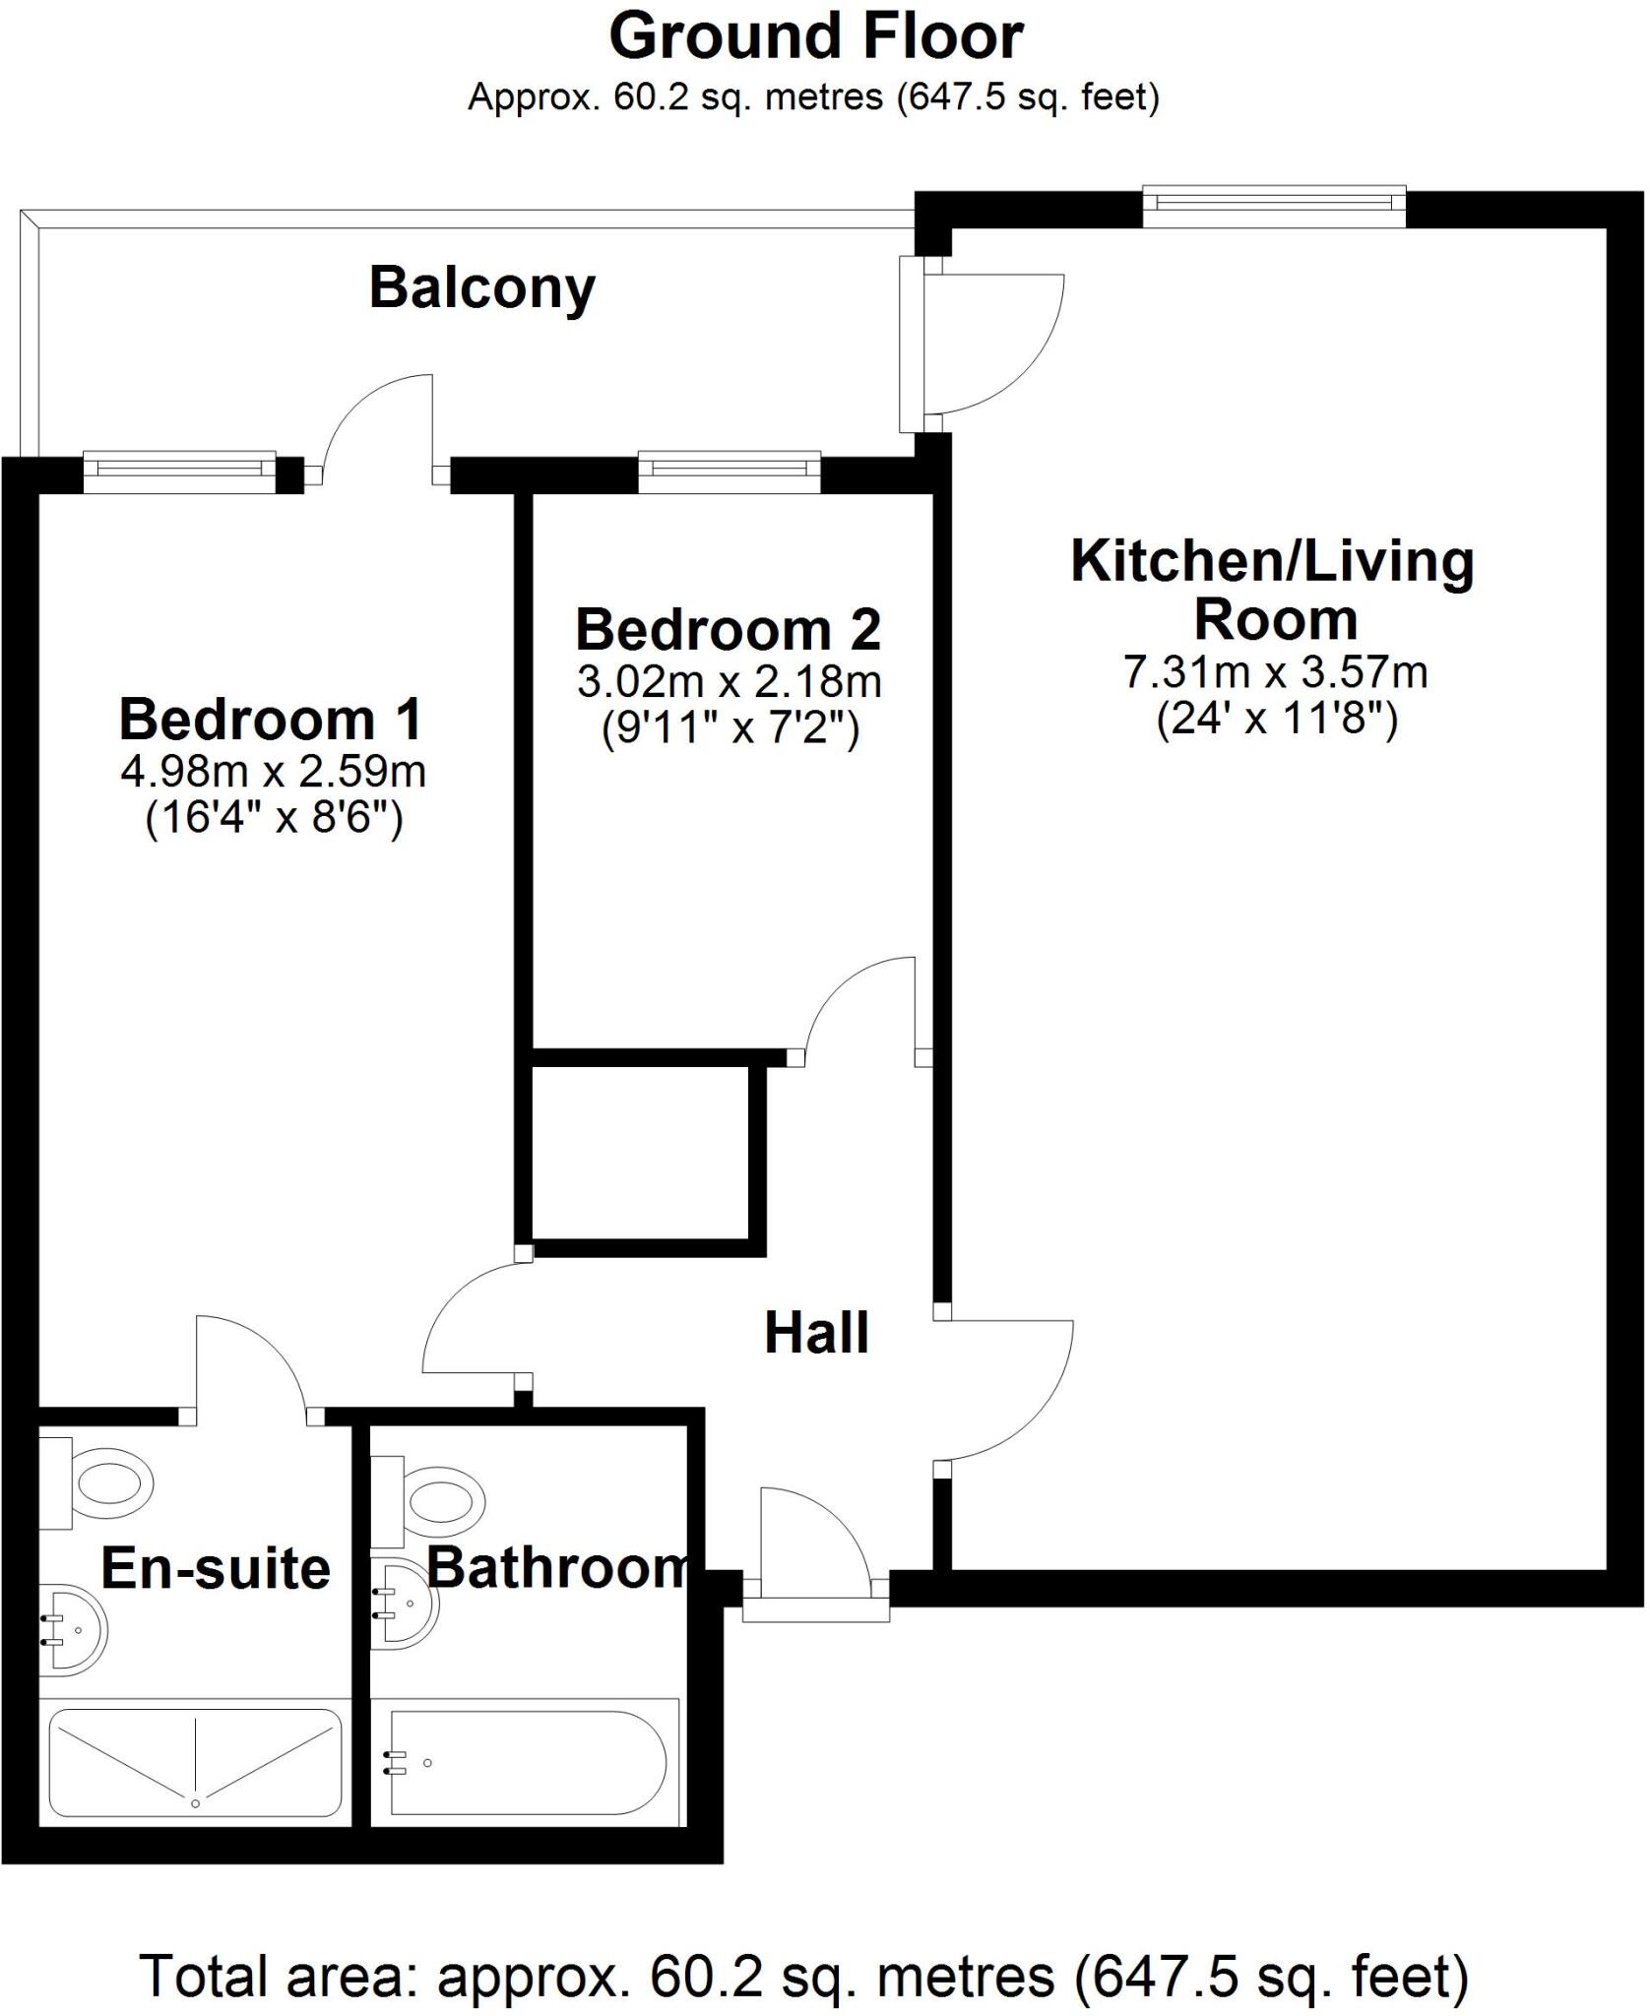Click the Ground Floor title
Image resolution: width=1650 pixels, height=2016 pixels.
point(816,37)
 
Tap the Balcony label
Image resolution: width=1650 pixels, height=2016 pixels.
point(482,288)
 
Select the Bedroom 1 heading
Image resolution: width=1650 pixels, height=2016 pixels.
point(271,720)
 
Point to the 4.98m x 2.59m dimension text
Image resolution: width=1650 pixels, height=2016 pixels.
point(273,772)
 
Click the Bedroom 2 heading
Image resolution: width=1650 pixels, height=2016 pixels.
point(728,630)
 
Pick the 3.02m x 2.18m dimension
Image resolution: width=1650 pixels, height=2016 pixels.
point(729,681)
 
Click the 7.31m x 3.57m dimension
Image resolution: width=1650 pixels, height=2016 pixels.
point(1276,673)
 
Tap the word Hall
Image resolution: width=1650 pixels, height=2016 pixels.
point(816,1334)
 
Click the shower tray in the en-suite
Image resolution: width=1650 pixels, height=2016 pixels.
point(195,1766)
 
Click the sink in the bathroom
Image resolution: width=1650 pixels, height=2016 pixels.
point(404,1603)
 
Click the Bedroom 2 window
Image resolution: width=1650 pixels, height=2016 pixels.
point(729,472)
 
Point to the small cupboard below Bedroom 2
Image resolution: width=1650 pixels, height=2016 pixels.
point(640,1153)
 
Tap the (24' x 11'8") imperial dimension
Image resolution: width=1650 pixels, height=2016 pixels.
point(1276,720)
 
